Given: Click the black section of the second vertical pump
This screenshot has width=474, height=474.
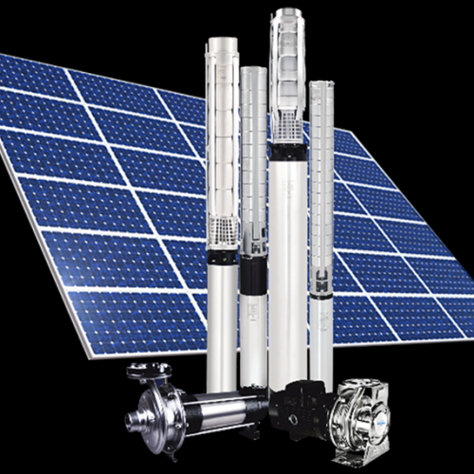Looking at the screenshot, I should [253, 274].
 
